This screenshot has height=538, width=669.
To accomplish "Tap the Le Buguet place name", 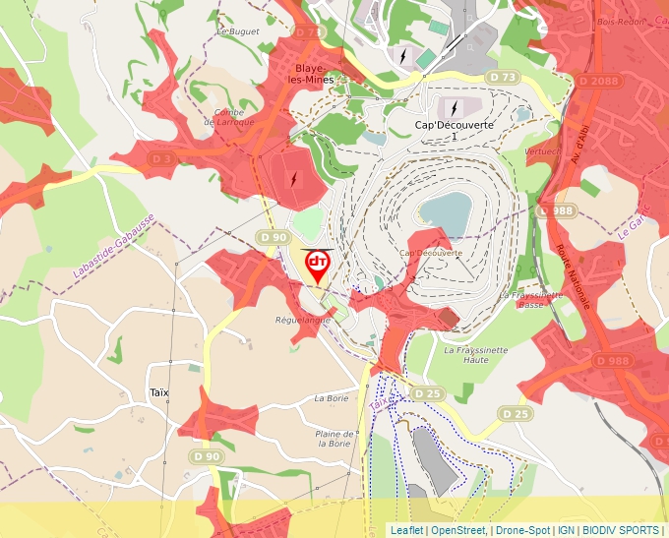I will (x=237, y=31).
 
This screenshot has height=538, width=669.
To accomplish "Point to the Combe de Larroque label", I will (x=228, y=117).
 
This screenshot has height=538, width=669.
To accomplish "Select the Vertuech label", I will (x=543, y=151).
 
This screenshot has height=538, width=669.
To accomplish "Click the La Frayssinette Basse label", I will (x=531, y=299).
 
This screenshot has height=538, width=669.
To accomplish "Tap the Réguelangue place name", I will (x=303, y=320).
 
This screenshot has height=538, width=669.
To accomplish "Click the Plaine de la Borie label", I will (x=335, y=438).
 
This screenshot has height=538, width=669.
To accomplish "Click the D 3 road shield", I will (x=162, y=157).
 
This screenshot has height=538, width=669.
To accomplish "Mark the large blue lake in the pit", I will (x=445, y=209).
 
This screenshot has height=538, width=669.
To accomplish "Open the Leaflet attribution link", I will (x=407, y=530).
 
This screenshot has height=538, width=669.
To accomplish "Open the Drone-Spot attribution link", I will (x=521, y=530).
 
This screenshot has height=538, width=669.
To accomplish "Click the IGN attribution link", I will (x=566, y=530).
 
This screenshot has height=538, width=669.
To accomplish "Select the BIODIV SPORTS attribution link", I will (x=621, y=530).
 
